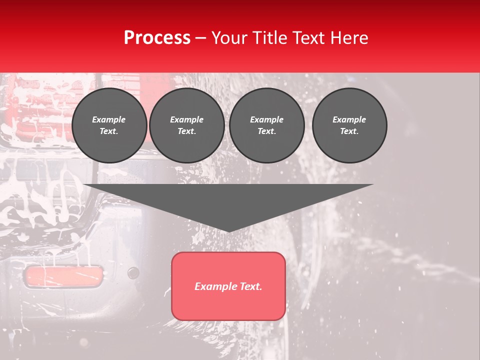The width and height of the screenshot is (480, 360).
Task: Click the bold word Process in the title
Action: click(x=157, y=38)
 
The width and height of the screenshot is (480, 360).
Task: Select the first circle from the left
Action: click(x=109, y=125)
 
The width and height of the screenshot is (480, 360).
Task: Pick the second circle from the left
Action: click(x=187, y=125)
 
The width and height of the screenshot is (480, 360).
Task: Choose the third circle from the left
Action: click(x=267, y=125)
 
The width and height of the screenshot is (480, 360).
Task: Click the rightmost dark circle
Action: click(x=349, y=125)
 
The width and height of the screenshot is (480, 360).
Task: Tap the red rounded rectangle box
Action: click(x=228, y=286)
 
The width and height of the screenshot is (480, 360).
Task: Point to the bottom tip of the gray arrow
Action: click(x=229, y=231)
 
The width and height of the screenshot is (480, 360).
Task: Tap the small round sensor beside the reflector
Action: click(x=133, y=273)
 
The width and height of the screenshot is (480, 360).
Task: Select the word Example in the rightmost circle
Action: click(x=349, y=119)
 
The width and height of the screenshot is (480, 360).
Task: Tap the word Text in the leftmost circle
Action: click(x=109, y=131)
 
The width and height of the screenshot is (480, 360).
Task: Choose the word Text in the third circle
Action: click(x=266, y=131)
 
